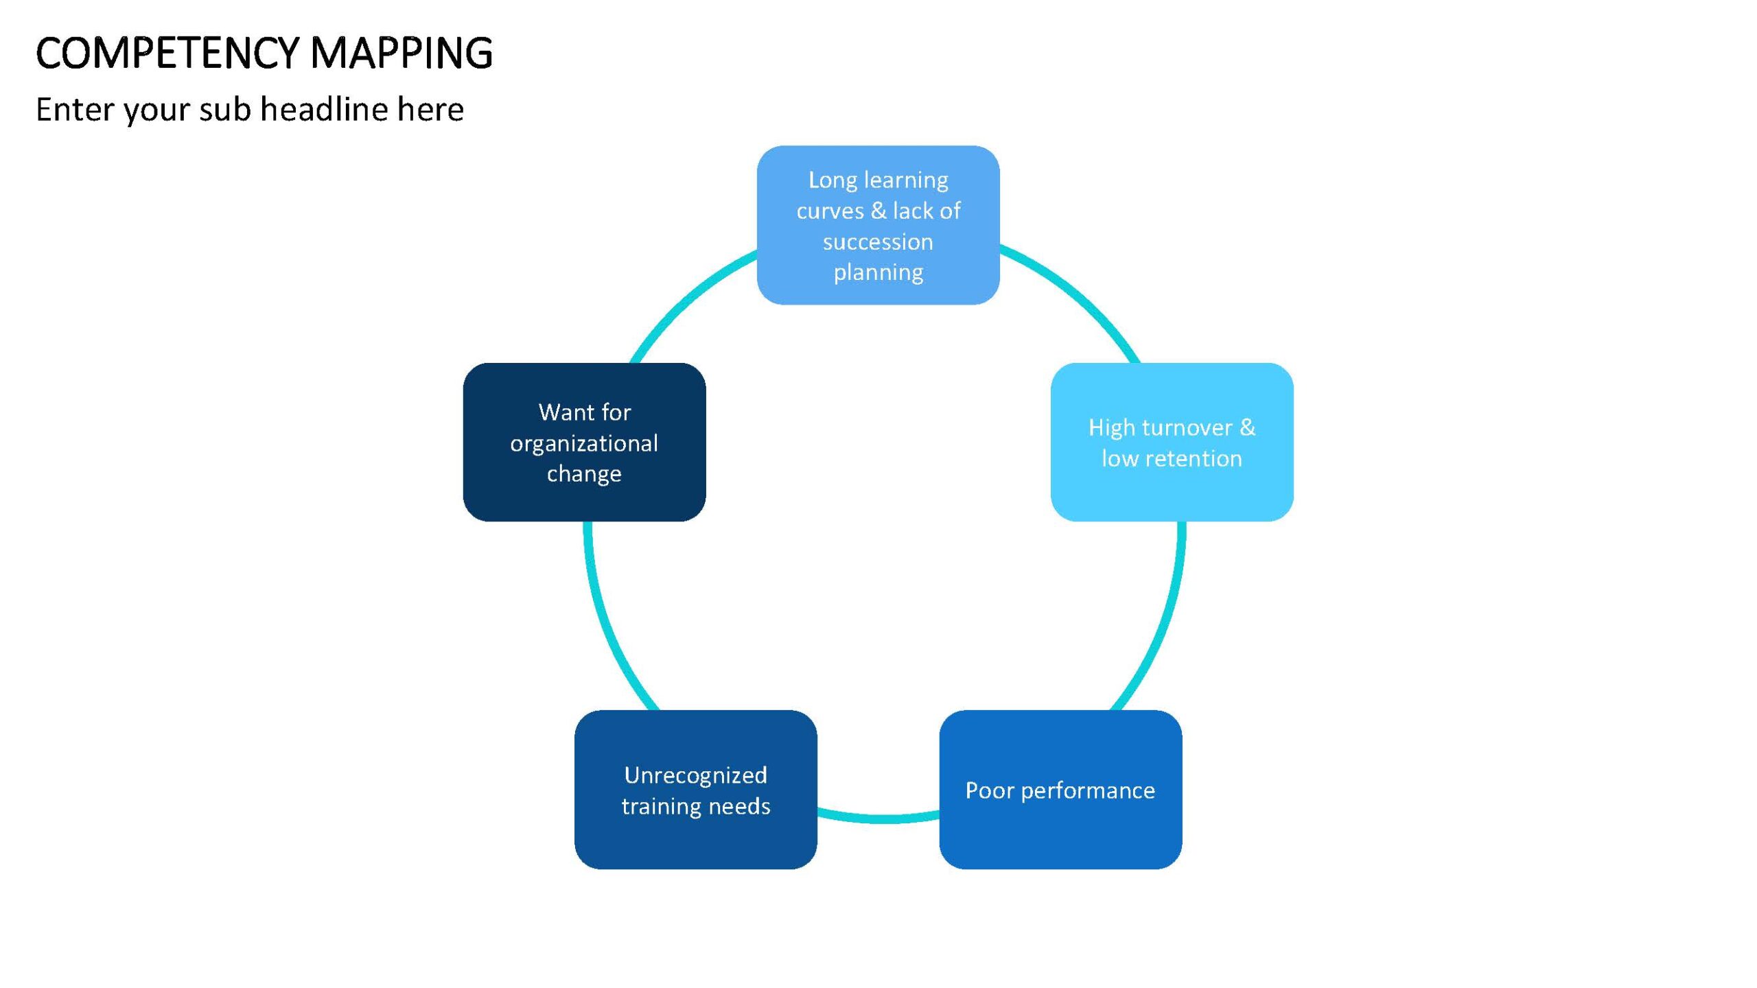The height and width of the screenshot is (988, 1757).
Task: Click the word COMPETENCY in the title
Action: pyautogui.click(x=167, y=53)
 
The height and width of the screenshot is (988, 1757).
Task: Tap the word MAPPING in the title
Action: pyautogui.click(x=402, y=53)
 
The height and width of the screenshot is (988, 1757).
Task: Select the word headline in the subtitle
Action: pyautogui.click(x=325, y=109)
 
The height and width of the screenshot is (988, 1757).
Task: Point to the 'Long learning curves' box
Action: pyautogui.click(x=878, y=225)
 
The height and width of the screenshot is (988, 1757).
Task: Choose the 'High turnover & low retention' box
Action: pyautogui.click(x=1172, y=442)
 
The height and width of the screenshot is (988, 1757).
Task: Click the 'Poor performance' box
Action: pyautogui.click(x=1060, y=790)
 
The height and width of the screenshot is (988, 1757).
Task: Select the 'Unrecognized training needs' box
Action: pyautogui.click(x=695, y=790)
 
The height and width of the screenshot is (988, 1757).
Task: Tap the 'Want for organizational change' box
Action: pyautogui.click(x=584, y=442)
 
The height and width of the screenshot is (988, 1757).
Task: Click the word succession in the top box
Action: pyautogui.click(x=878, y=242)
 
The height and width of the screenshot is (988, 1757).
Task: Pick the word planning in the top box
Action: pyautogui.click(x=878, y=273)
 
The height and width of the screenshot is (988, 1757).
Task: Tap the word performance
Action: pyautogui.click(x=1088, y=791)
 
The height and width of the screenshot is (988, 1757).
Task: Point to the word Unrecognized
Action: pyautogui.click(x=695, y=775)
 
